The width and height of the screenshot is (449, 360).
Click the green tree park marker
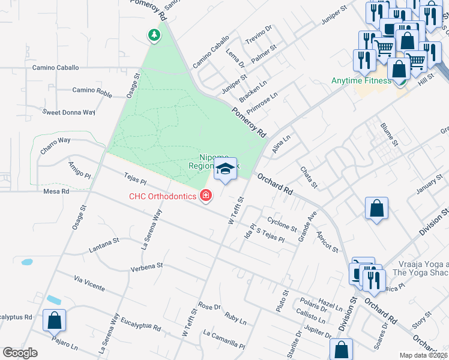tap(154, 35)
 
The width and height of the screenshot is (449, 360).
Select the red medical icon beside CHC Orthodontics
tap(206, 196)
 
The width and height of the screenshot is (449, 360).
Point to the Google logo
tap(20, 352)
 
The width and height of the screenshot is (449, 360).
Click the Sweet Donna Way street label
tap(69, 112)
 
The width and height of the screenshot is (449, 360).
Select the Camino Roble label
tap(92, 91)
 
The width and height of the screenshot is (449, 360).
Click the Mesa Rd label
tap(56, 192)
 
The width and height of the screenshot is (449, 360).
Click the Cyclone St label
tap(282, 224)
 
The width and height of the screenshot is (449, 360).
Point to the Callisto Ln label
tap(312, 316)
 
